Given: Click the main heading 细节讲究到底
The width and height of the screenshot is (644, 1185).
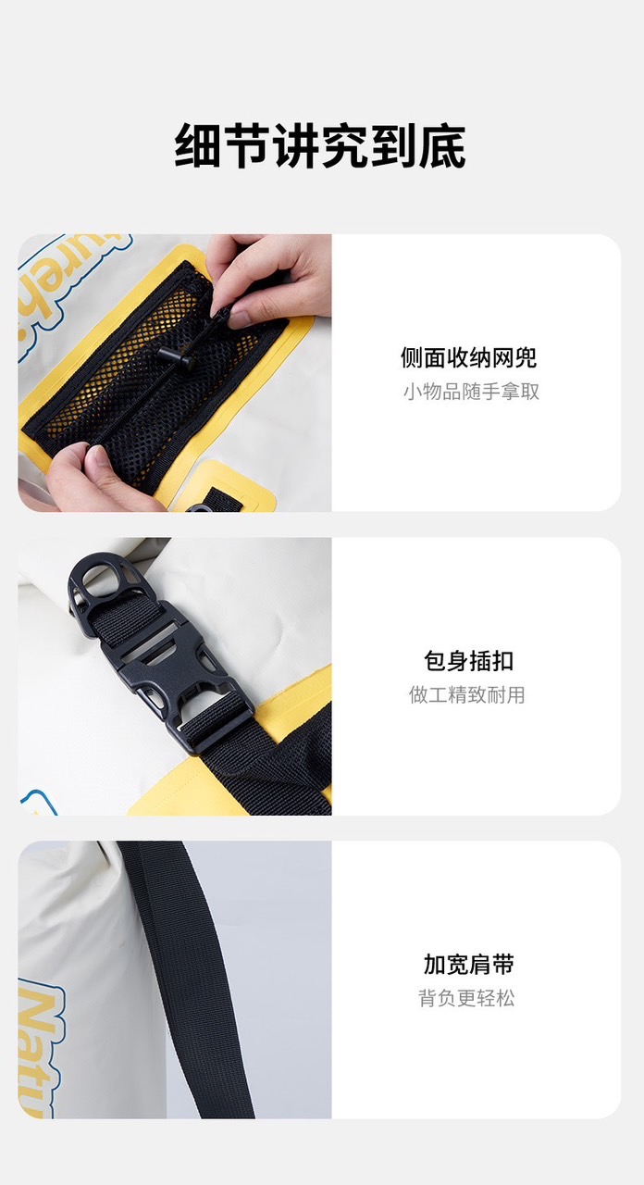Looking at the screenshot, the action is coord(320,146).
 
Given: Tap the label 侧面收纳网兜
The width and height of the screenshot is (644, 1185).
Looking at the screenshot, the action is coord(468,357).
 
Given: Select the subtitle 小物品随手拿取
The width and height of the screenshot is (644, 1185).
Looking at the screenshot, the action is coord(471,392).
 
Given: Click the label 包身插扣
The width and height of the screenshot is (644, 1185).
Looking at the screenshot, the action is coord(468,661).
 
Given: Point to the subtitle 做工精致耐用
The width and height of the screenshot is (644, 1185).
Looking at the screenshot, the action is coord(466,694).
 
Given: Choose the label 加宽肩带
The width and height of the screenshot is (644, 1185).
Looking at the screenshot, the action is coord(468,964).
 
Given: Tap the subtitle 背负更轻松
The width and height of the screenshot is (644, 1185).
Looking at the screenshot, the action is coord(466,998).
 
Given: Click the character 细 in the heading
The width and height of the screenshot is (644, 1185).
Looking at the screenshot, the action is coord(197,146).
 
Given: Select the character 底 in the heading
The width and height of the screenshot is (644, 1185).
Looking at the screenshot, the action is coord(443,146).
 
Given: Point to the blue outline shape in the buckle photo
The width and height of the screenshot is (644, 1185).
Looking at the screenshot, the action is coord(40,803).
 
